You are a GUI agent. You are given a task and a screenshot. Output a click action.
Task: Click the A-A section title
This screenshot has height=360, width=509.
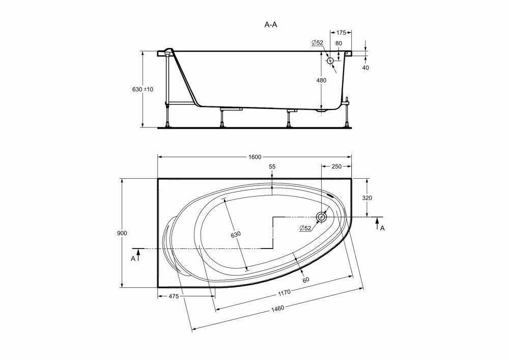(x=271, y=24)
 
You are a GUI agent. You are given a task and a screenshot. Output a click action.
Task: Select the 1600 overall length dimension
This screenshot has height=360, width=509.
(x=255, y=157)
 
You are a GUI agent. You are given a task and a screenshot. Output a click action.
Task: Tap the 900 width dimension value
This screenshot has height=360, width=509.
(x=122, y=233)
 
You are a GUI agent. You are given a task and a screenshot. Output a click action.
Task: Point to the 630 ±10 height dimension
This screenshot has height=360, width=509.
(x=143, y=89)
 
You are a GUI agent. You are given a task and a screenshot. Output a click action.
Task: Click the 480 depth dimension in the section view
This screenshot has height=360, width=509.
(x=321, y=80)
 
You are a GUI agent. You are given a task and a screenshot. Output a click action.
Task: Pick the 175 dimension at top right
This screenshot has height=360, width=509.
(x=341, y=33)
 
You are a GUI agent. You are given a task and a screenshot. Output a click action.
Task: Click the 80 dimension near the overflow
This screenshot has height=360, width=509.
(x=338, y=43)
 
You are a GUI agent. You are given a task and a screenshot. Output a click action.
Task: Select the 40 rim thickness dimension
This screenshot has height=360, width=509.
(x=365, y=68)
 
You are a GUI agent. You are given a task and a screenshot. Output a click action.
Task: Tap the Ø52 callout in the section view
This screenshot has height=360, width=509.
(x=317, y=43)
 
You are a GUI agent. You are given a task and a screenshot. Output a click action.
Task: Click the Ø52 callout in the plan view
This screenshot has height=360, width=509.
(x=305, y=228)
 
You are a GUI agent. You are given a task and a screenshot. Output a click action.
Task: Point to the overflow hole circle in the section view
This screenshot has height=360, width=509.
(x=330, y=61)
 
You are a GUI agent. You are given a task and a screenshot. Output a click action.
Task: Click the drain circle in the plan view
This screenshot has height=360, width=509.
(x=321, y=217)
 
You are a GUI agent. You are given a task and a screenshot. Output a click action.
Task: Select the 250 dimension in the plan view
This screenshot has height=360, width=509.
(x=336, y=167)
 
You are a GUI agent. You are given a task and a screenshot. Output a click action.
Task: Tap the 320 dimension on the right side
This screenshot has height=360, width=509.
(x=367, y=198)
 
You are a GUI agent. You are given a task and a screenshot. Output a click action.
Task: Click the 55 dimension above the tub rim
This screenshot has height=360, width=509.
(x=272, y=167)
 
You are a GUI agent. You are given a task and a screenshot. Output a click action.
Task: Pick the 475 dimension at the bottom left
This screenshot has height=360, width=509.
(x=174, y=296)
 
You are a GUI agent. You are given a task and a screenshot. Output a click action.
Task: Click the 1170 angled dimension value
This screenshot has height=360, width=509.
(x=284, y=293)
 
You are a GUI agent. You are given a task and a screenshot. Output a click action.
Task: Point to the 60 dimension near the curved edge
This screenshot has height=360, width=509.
(x=305, y=280)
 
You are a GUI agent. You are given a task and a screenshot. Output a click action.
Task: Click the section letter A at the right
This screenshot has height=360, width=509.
(x=382, y=228)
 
